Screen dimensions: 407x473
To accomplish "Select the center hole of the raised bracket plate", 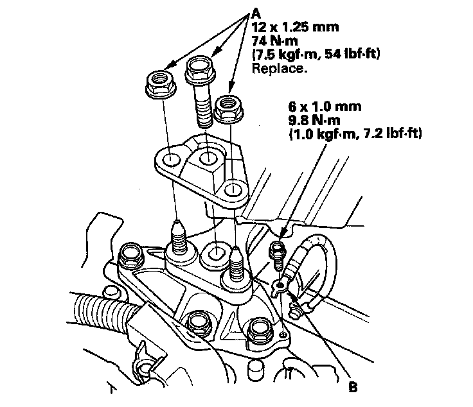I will (x=206, y=157).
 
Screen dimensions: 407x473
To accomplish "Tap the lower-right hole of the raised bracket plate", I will (x=233, y=189).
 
